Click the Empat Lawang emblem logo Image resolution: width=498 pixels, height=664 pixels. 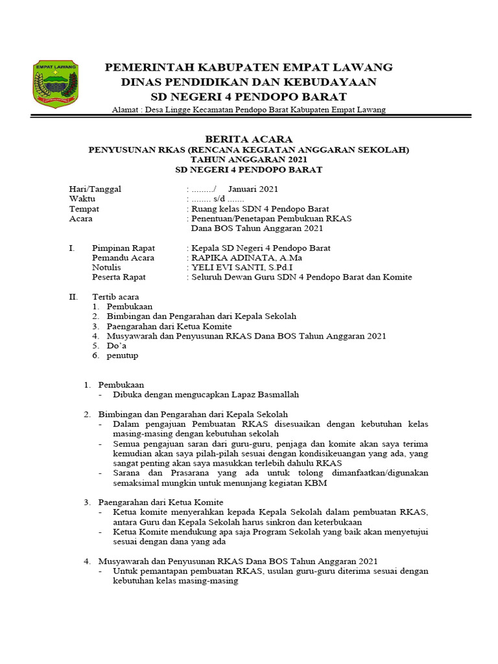[55, 84]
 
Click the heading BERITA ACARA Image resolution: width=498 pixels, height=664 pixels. [248, 139]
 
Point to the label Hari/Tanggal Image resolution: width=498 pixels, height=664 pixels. [95, 189]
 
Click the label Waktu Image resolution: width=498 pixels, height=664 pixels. [82, 199]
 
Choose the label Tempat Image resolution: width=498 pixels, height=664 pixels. [84, 209]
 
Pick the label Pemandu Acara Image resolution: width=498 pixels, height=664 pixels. [123, 257]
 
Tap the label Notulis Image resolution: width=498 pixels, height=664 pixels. [107, 267]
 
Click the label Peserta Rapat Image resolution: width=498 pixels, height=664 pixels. [119, 277]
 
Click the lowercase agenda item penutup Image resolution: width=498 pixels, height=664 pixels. [123, 355]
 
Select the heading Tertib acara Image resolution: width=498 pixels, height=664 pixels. [115, 296]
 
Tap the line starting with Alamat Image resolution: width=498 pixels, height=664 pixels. [248, 110]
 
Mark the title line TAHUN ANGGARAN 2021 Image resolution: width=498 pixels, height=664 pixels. [248, 160]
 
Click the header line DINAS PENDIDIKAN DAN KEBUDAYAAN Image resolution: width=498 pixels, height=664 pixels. [248, 82]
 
